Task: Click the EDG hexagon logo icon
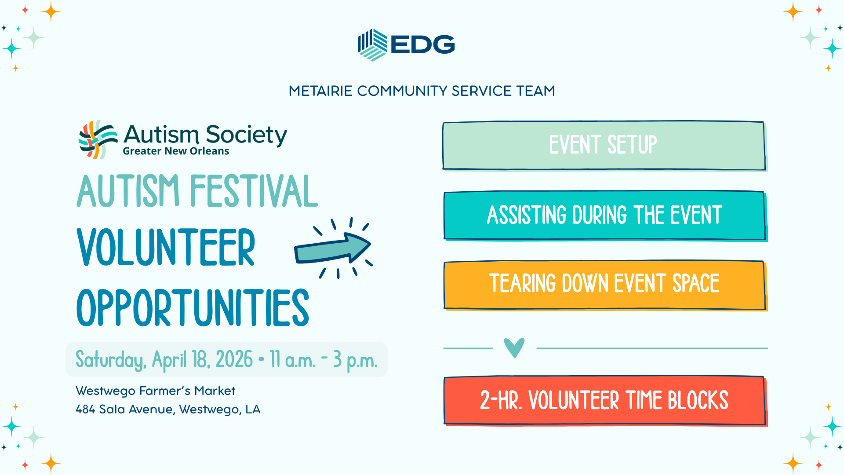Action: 372,45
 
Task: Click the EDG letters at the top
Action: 422,44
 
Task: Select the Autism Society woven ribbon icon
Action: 98,139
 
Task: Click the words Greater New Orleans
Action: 176,151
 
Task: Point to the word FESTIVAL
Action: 254,191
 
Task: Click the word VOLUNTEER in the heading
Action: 166,248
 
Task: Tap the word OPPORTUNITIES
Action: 193,308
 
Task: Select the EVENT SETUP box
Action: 604,146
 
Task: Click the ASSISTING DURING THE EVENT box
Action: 604,216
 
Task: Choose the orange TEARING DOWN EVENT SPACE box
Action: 604,285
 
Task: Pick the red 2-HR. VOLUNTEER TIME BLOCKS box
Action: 604,400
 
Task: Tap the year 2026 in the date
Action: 234,360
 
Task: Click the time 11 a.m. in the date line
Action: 292,360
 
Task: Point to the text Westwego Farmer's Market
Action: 155,391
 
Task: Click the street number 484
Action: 85,409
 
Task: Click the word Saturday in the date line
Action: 110,360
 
